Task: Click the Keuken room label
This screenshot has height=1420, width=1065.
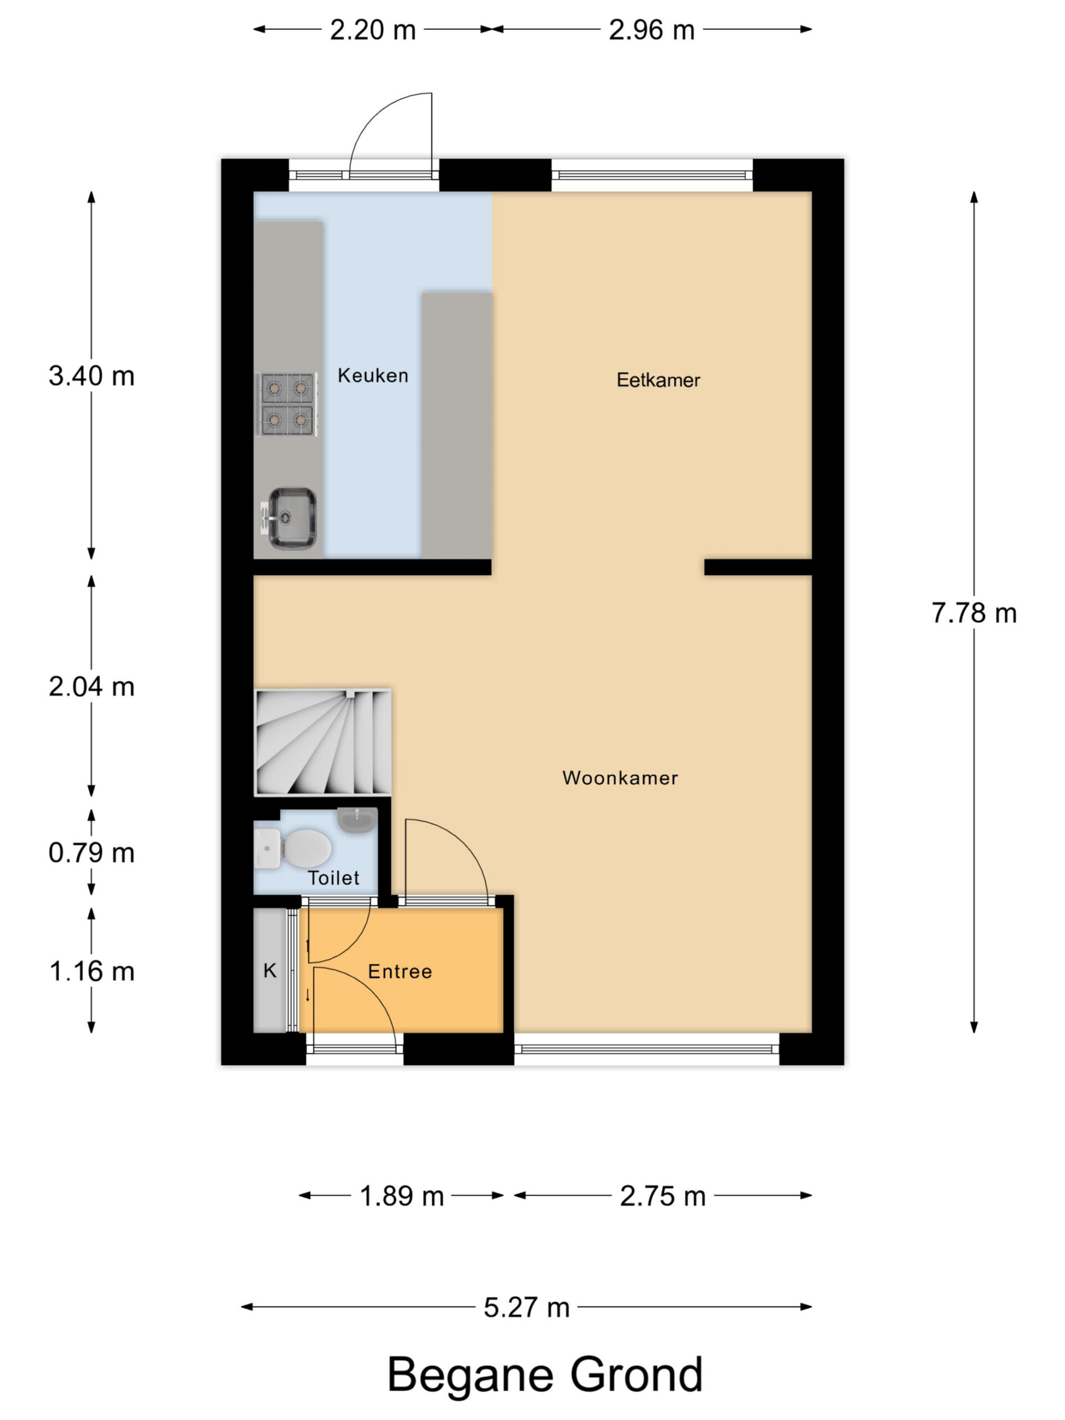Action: coord(372,376)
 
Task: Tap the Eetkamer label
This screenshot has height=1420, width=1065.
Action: coord(658,380)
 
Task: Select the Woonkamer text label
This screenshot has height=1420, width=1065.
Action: coord(620,778)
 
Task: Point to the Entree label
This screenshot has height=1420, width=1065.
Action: coord(399,971)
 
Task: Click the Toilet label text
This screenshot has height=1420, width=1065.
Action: coord(333,878)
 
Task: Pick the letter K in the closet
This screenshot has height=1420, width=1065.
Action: coord(270,971)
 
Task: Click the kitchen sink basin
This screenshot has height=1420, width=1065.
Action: coord(292,518)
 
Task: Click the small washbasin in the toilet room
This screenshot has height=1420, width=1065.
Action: coord(357,820)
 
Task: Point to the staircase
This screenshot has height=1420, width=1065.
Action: coord(323,742)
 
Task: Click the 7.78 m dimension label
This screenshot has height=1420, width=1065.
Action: coord(974,613)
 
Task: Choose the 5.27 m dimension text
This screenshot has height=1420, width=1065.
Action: coord(526,1307)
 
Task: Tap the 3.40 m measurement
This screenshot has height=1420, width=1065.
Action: coord(92,376)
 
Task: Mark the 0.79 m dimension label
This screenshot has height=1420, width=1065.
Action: coord(92,853)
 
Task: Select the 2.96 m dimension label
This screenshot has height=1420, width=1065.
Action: coord(652,29)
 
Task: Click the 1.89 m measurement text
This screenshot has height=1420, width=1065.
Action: coord(402,1196)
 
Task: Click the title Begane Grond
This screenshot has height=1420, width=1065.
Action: coord(545,1375)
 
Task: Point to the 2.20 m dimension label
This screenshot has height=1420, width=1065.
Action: coord(373,29)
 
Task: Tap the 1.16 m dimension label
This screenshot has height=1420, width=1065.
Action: coord(92,971)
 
